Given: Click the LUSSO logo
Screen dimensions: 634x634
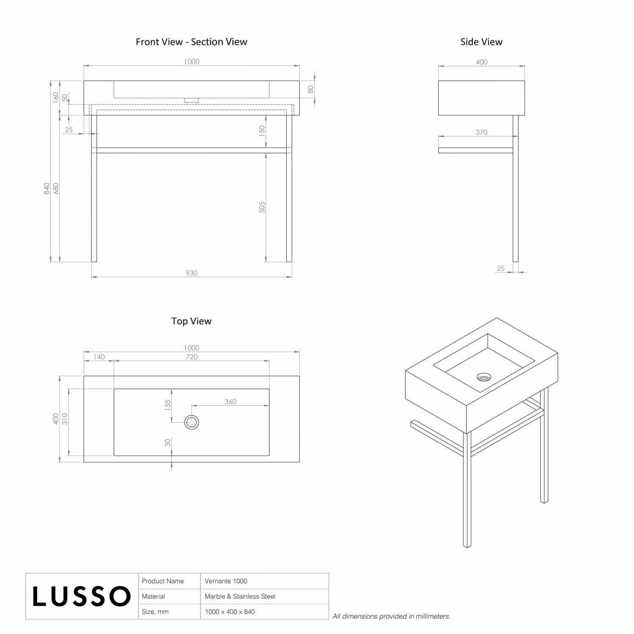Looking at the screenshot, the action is click(82, 596).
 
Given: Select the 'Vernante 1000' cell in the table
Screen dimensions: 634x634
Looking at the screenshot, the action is click(226, 581).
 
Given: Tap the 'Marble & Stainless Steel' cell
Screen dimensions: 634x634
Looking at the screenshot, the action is click(240, 596).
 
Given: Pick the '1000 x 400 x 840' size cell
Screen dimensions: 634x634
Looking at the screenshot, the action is click(230, 612).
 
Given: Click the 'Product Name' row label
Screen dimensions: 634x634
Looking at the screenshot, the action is click(163, 581).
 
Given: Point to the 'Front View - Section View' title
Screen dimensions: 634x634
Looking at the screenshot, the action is click(191, 42).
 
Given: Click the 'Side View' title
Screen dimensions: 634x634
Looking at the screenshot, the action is click(481, 42).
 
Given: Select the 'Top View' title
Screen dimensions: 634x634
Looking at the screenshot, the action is click(191, 321).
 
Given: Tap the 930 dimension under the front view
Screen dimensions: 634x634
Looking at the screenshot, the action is click(191, 273).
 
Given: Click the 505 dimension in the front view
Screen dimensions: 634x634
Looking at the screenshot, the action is click(262, 207).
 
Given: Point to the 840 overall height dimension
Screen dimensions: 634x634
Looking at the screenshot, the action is click(46, 189).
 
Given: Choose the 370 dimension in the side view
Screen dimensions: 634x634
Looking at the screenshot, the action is click(481, 132).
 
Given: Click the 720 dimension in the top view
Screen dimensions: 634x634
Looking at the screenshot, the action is click(191, 357).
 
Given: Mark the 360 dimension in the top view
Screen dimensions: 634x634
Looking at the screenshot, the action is click(230, 402).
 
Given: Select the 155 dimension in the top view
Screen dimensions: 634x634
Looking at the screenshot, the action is click(168, 405).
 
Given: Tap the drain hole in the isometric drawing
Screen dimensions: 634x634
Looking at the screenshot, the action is click(484, 377).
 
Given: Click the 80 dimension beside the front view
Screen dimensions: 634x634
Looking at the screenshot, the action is click(311, 90).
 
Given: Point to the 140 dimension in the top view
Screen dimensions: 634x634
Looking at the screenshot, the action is click(99, 357).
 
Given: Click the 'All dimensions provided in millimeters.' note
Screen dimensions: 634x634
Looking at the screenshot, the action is click(391, 616).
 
